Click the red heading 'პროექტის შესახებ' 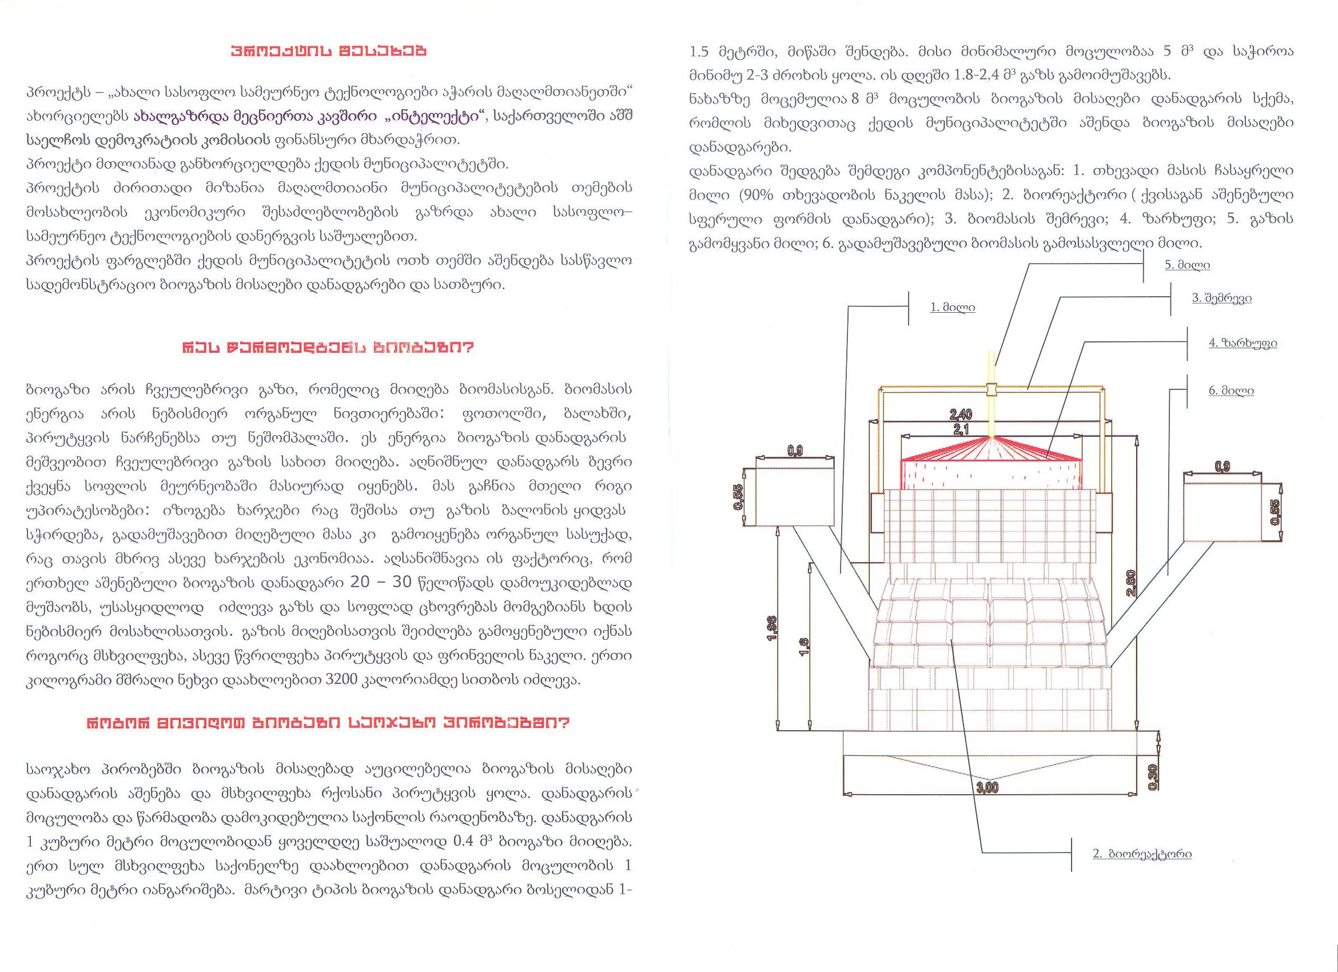pos(329,51)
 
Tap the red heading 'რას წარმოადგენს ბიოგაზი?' pos(329,348)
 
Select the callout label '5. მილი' pos(1187,265)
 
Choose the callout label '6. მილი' pos(1231,391)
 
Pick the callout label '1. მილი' pos(952,307)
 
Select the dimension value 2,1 pos(962,429)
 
